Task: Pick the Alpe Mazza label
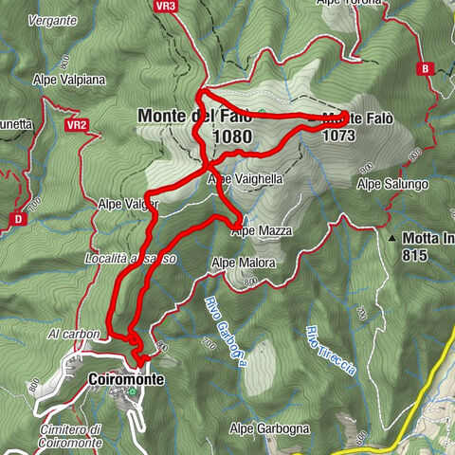coord(263,230)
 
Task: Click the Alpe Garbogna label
coord(269,428)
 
